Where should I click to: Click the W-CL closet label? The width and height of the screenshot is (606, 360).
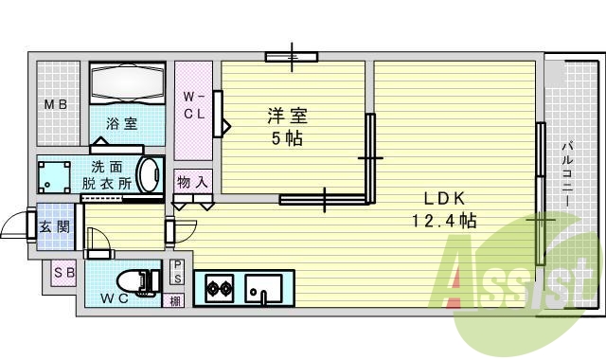coord(193,105)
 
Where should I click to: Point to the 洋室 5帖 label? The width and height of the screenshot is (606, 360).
coord(285,126)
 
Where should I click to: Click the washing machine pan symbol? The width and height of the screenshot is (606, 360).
coord(55,175)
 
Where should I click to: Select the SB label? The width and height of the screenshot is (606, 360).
coord(63,274)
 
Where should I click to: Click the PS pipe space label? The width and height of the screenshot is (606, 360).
coord(177,272)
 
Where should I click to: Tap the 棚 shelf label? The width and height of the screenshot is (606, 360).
coord(176,300)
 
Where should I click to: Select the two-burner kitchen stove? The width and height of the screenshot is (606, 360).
coord(219,287)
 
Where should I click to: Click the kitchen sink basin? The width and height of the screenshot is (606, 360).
coord(263,286)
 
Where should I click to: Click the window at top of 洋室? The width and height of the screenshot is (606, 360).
coord(293,57)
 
